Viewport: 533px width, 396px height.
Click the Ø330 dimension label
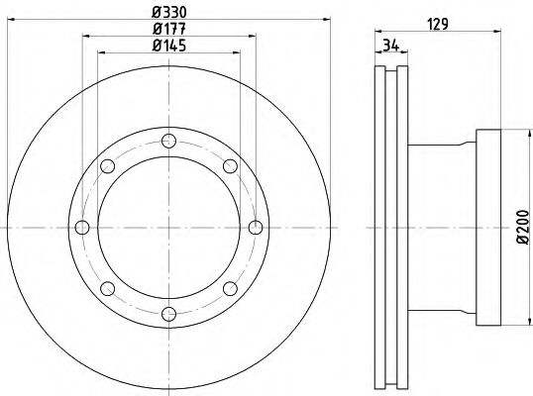click(168, 12)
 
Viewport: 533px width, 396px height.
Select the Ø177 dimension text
click(168, 29)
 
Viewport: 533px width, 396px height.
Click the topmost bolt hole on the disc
click(167, 140)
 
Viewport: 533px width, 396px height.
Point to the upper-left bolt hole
click(106, 165)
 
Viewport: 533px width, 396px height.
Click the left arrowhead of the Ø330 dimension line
click(11, 22)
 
